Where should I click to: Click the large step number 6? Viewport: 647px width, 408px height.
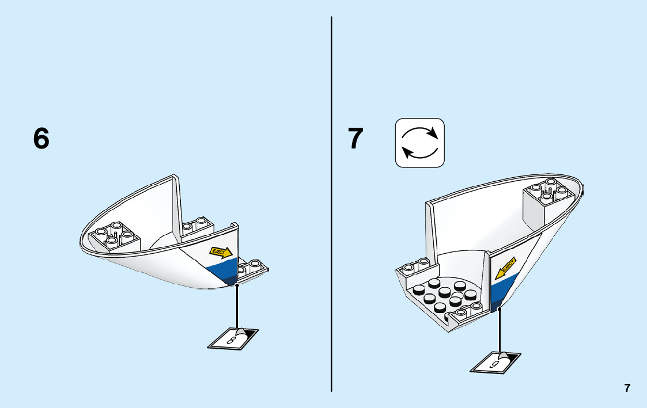tap(41, 139)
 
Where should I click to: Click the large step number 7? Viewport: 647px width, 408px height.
tap(356, 139)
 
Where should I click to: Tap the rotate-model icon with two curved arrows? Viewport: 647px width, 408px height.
tap(419, 143)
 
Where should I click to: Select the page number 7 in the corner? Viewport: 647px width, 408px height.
tap(627, 388)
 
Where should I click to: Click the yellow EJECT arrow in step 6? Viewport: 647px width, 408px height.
tap(221, 252)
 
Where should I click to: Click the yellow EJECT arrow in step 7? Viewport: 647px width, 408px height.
tap(508, 266)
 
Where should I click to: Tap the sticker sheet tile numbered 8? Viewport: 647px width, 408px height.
tap(233, 338)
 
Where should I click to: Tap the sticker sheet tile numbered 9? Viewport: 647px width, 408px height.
tap(495, 363)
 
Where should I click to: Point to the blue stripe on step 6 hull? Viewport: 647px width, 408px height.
tap(222, 269)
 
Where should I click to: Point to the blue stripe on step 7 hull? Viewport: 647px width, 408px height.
tap(497, 290)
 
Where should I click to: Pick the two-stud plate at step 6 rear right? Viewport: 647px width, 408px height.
tap(253, 267)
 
